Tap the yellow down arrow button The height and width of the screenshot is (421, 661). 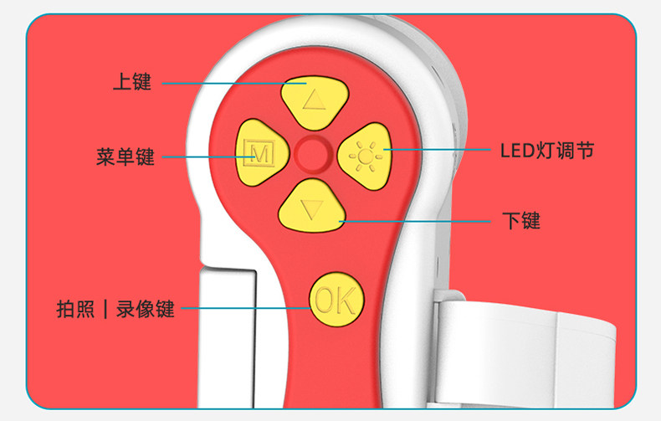(311, 204)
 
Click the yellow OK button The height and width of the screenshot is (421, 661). (336, 299)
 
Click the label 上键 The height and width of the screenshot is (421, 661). (131, 83)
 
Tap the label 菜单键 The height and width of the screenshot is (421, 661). (126, 157)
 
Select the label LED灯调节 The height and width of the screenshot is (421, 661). (547, 151)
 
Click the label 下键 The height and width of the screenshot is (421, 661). (521, 221)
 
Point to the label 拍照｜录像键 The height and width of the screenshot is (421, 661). (115, 308)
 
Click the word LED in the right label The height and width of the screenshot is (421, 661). (518, 151)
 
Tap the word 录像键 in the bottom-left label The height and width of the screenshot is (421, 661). (146, 308)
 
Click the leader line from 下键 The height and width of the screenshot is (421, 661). (418, 221)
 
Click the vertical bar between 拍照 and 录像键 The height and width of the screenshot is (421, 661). (105, 308)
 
